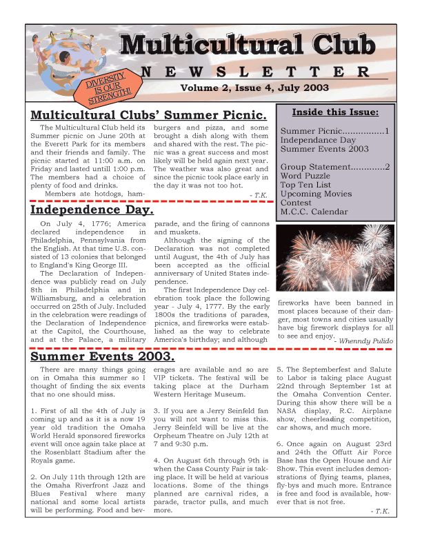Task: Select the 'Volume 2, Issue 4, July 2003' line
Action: pos(254,88)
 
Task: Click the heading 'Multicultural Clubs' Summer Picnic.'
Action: pos(149,115)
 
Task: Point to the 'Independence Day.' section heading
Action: pos(92,210)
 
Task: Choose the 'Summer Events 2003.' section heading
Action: pos(103,358)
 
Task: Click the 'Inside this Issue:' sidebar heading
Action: pos(335,112)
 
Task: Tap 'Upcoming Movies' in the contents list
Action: pos(316,194)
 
